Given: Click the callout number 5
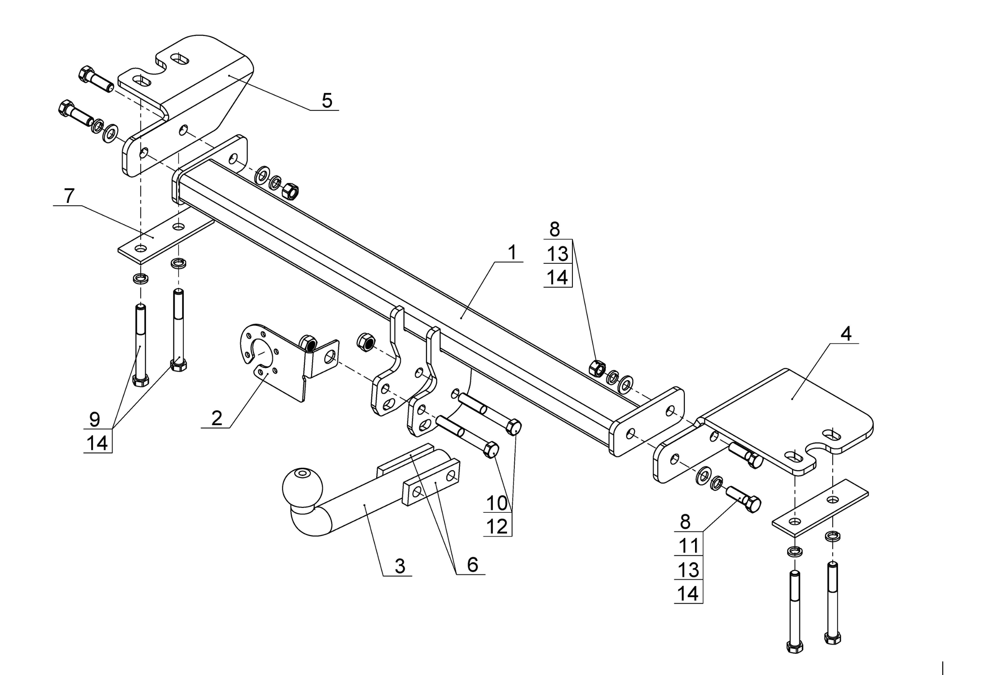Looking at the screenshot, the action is pos(327,101).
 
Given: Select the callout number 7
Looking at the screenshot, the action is pos(69,196).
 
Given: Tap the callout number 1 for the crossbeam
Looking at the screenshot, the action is pos(512,252).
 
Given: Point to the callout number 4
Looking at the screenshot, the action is pos(846,334).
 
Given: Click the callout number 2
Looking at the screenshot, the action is pos(217,418).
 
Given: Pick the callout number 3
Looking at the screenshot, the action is pos(400,566).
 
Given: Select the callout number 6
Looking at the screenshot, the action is pos(473,565).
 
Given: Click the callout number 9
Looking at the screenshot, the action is pos(95,419).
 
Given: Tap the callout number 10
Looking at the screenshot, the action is pos(497,503).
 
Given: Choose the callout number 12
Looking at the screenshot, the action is pos(497,526).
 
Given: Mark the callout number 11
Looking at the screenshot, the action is pos(688,546).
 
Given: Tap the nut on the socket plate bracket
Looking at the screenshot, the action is pos(308,343).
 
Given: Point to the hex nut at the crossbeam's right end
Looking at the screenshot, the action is pos(597,368).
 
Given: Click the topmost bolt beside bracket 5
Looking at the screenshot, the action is pos(95,79).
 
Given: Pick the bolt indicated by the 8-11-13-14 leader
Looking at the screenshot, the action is pos(743,499).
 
